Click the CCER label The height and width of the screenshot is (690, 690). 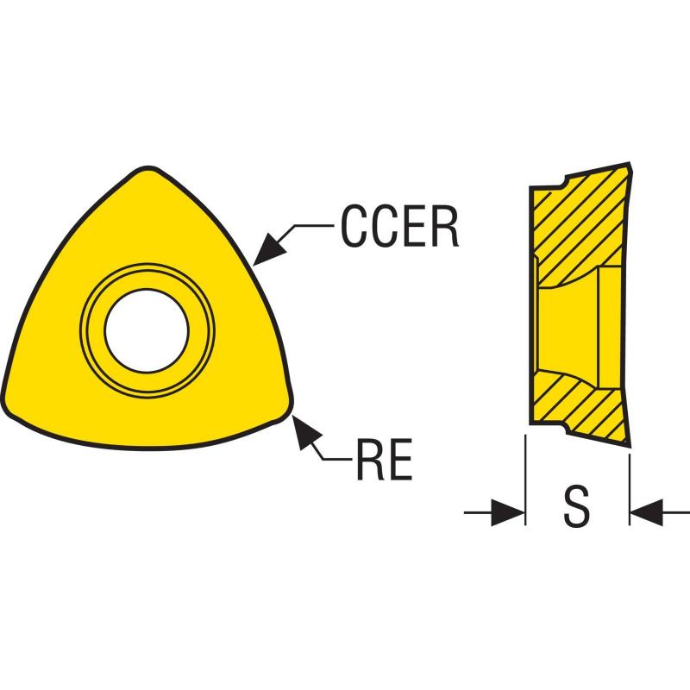tap(398, 227)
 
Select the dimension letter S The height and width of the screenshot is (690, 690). tap(577, 506)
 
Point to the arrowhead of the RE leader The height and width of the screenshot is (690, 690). tap(302, 428)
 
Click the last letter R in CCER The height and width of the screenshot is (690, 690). tap(443, 227)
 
